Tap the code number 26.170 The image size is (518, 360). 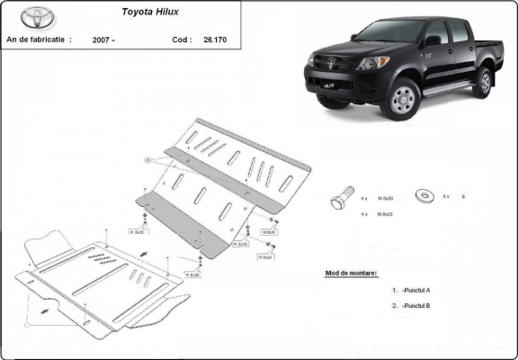coord(214,40)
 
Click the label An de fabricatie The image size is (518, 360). coord(40,40)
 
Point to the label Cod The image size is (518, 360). coord(181,40)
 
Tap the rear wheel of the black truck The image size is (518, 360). coord(483,82)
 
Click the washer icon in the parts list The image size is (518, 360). coord(424,195)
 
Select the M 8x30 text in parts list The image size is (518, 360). coord(387,197)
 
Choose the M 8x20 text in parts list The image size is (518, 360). coord(387,214)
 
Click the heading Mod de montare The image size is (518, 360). coord(351,272)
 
